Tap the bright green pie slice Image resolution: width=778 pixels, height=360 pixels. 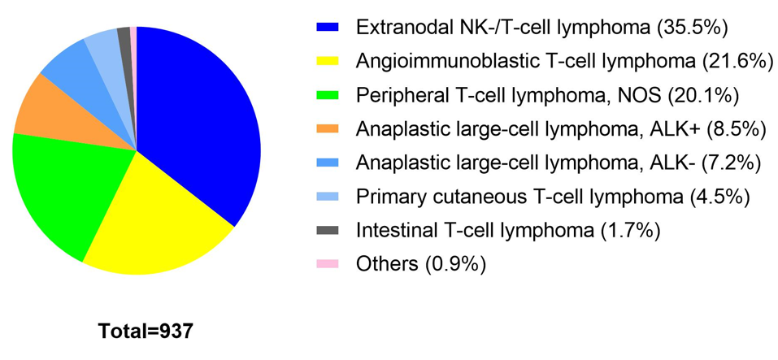pos(64,189)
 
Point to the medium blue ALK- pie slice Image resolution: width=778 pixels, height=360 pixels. pos(80,75)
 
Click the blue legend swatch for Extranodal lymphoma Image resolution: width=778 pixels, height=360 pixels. pos(328,28)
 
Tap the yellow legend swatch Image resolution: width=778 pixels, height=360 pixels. pos(328,61)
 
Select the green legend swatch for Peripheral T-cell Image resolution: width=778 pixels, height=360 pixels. pos(328,95)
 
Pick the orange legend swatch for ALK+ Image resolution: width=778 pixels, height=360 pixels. pos(328,128)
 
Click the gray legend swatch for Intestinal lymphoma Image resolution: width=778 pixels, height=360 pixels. pos(328,230)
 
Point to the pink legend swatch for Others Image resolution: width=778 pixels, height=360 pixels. pos(328,264)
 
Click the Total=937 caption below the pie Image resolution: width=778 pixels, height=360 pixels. pos(145,331)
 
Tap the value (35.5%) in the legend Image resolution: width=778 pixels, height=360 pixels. pos(693,28)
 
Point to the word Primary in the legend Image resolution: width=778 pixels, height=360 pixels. pos(387,197)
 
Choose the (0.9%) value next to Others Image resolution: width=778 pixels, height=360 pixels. pos(454,264)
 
